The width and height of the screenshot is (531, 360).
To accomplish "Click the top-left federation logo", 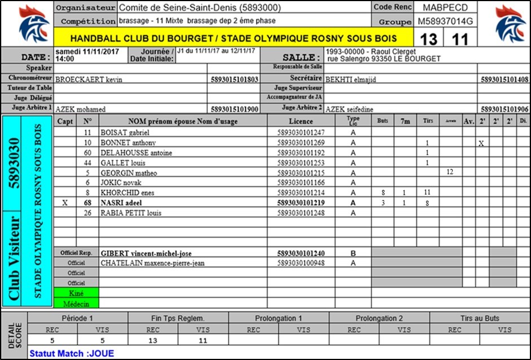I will pos(27,24).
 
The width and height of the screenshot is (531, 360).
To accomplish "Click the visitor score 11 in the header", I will pos(460,39).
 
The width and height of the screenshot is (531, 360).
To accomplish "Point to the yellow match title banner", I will pos(233,39).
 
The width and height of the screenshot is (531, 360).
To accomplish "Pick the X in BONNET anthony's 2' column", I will pos(481,143).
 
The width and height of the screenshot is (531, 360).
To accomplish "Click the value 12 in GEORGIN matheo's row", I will pos(450,172).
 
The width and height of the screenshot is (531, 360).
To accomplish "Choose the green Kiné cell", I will pos(76,293).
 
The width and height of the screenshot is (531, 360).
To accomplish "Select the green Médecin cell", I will pos(76,303).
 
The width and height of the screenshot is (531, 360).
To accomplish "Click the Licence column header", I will pos(301,121).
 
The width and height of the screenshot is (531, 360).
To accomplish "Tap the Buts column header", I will pos(383,121).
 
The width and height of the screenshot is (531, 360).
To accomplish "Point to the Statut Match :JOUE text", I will pos(72,354).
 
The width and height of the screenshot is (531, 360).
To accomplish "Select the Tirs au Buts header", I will pos(480,318).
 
